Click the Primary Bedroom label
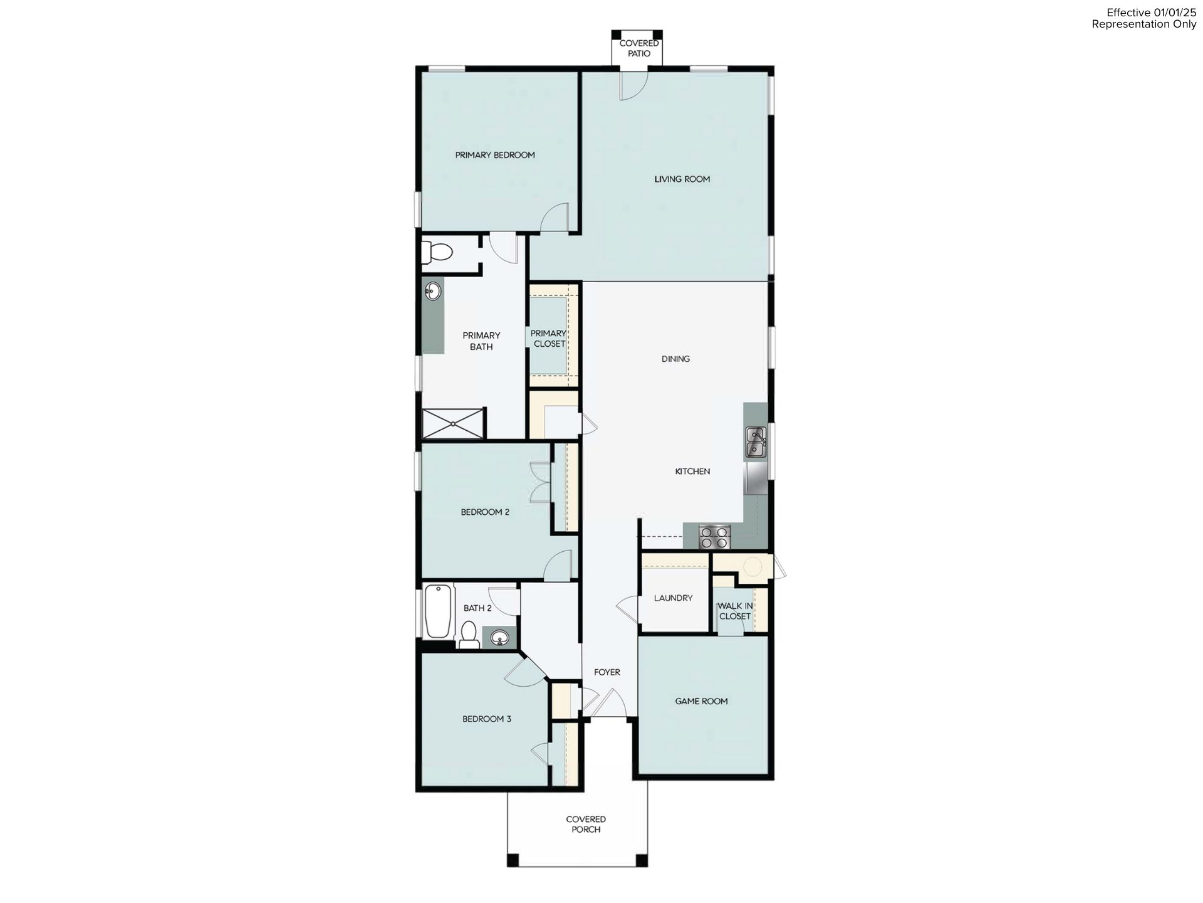(x=495, y=155)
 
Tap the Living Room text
(x=682, y=179)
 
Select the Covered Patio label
(x=639, y=48)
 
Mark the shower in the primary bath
(x=453, y=423)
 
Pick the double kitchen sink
(x=756, y=441)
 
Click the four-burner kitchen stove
(x=714, y=537)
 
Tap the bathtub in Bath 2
(x=438, y=611)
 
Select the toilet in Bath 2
(x=468, y=635)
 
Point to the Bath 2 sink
(x=499, y=638)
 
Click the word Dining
(x=675, y=359)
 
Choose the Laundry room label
(x=673, y=598)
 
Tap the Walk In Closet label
(x=735, y=611)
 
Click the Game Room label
(x=701, y=702)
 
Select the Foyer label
(x=607, y=673)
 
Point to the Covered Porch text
(x=586, y=825)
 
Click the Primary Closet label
(x=548, y=339)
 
